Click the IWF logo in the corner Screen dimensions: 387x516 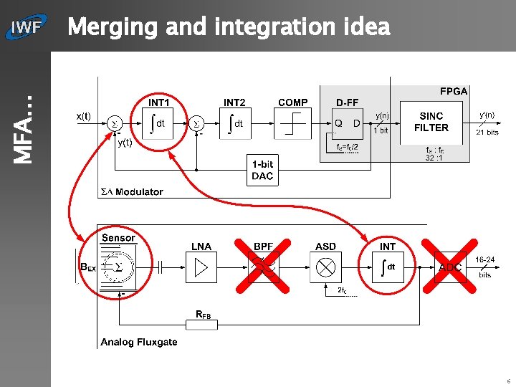tap(26, 28)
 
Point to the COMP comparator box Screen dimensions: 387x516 tap(293, 125)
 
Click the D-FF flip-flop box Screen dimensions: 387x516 tap(348, 125)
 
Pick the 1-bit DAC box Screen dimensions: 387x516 tap(262, 170)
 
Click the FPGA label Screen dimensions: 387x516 tap(454, 91)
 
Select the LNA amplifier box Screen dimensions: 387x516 tap(201, 267)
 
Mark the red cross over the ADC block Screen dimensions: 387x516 tap(449, 266)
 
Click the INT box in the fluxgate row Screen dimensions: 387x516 tap(388, 267)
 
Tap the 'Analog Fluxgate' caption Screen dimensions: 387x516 tap(139, 342)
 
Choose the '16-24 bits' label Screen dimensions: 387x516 tap(485, 267)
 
